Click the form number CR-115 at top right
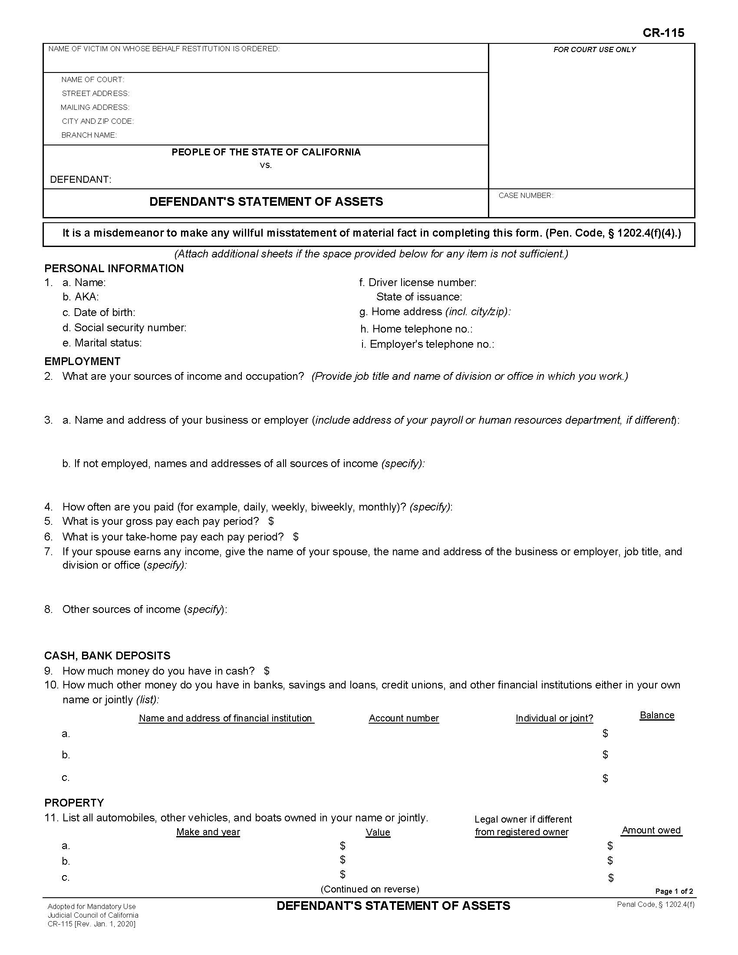[663, 33]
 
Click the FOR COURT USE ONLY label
[594, 50]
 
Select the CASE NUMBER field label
[526, 195]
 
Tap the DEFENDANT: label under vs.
[80, 179]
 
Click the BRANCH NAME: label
[89, 135]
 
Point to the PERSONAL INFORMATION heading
[114, 268]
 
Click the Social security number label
[130, 327]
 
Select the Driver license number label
[422, 283]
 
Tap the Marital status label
[108, 343]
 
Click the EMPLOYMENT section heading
[82, 361]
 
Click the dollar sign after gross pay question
[271, 521]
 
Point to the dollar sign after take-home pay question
[296, 537]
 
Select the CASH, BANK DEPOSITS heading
[107, 655]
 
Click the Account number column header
[404, 718]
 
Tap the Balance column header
[657, 715]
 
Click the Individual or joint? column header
[554, 718]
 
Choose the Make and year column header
[208, 832]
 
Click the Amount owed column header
[651, 830]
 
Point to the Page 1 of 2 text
[674, 891]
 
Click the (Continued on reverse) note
[369, 889]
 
